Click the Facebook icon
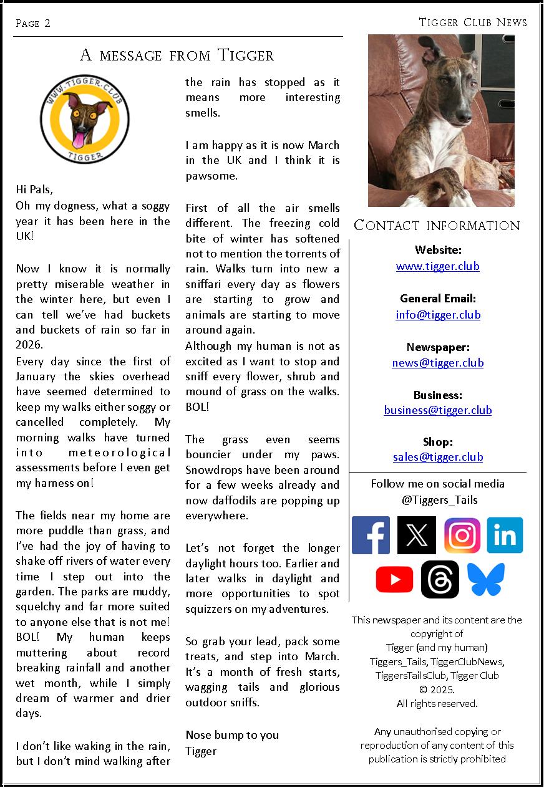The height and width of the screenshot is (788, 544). pyautogui.click(x=371, y=535)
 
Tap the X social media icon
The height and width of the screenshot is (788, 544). pyautogui.click(x=416, y=535)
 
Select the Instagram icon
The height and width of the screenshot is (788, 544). pyautogui.click(x=462, y=535)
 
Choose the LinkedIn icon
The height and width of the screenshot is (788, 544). pyautogui.click(x=505, y=535)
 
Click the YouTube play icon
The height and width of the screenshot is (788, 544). pyautogui.click(x=394, y=580)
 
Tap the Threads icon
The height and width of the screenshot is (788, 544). pyautogui.click(x=440, y=580)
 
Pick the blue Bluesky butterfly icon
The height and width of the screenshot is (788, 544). pyautogui.click(x=485, y=580)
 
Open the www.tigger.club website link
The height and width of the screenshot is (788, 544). pyautogui.click(x=437, y=266)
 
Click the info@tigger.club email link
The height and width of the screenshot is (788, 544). pyautogui.click(x=437, y=314)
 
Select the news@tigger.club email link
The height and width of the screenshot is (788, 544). pyautogui.click(x=437, y=362)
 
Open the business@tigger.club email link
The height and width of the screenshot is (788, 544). pyautogui.click(x=437, y=410)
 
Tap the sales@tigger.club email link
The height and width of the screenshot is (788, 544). pyautogui.click(x=437, y=457)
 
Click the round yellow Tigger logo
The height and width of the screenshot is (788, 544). pyautogui.click(x=85, y=119)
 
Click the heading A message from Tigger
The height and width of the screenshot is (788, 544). pyautogui.click(x=177, y=55)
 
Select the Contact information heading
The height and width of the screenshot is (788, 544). pyautogui.click(x=437, y=225)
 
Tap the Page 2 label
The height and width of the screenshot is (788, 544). pyautogui.click(x=32, y=24)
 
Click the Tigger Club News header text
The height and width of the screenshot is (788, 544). pyautogui.click(x=472, y=22)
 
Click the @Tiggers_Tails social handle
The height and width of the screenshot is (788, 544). pyautogui.click(x=437, y=499)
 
